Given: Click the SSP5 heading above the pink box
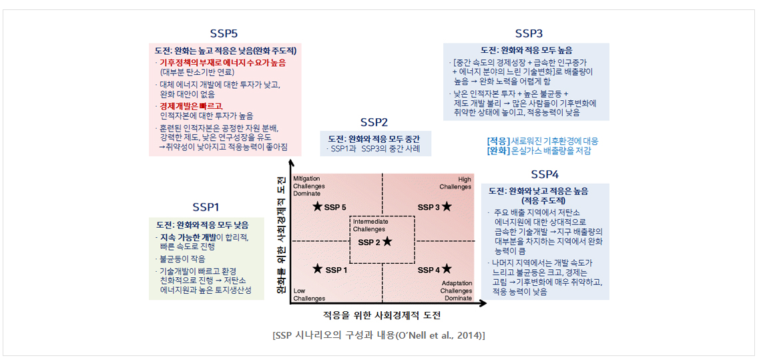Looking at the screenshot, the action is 224,33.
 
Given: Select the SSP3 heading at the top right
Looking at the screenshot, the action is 529,33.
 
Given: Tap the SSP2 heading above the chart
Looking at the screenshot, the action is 374,122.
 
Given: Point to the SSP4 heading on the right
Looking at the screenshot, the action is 545,174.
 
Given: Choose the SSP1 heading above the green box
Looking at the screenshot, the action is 206,207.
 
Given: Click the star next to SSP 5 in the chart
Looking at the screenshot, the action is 318,206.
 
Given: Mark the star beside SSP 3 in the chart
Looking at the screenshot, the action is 447,206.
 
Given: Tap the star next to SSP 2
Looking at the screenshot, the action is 387,241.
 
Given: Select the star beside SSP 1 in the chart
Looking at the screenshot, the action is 318,268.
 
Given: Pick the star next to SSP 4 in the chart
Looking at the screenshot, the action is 447,268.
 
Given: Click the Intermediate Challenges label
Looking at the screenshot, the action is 369,225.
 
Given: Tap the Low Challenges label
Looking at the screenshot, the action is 306,295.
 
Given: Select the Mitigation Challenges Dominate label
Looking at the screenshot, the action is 308,186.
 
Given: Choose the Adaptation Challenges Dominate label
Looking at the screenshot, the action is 457,291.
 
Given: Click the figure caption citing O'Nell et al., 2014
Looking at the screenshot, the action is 379,336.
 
